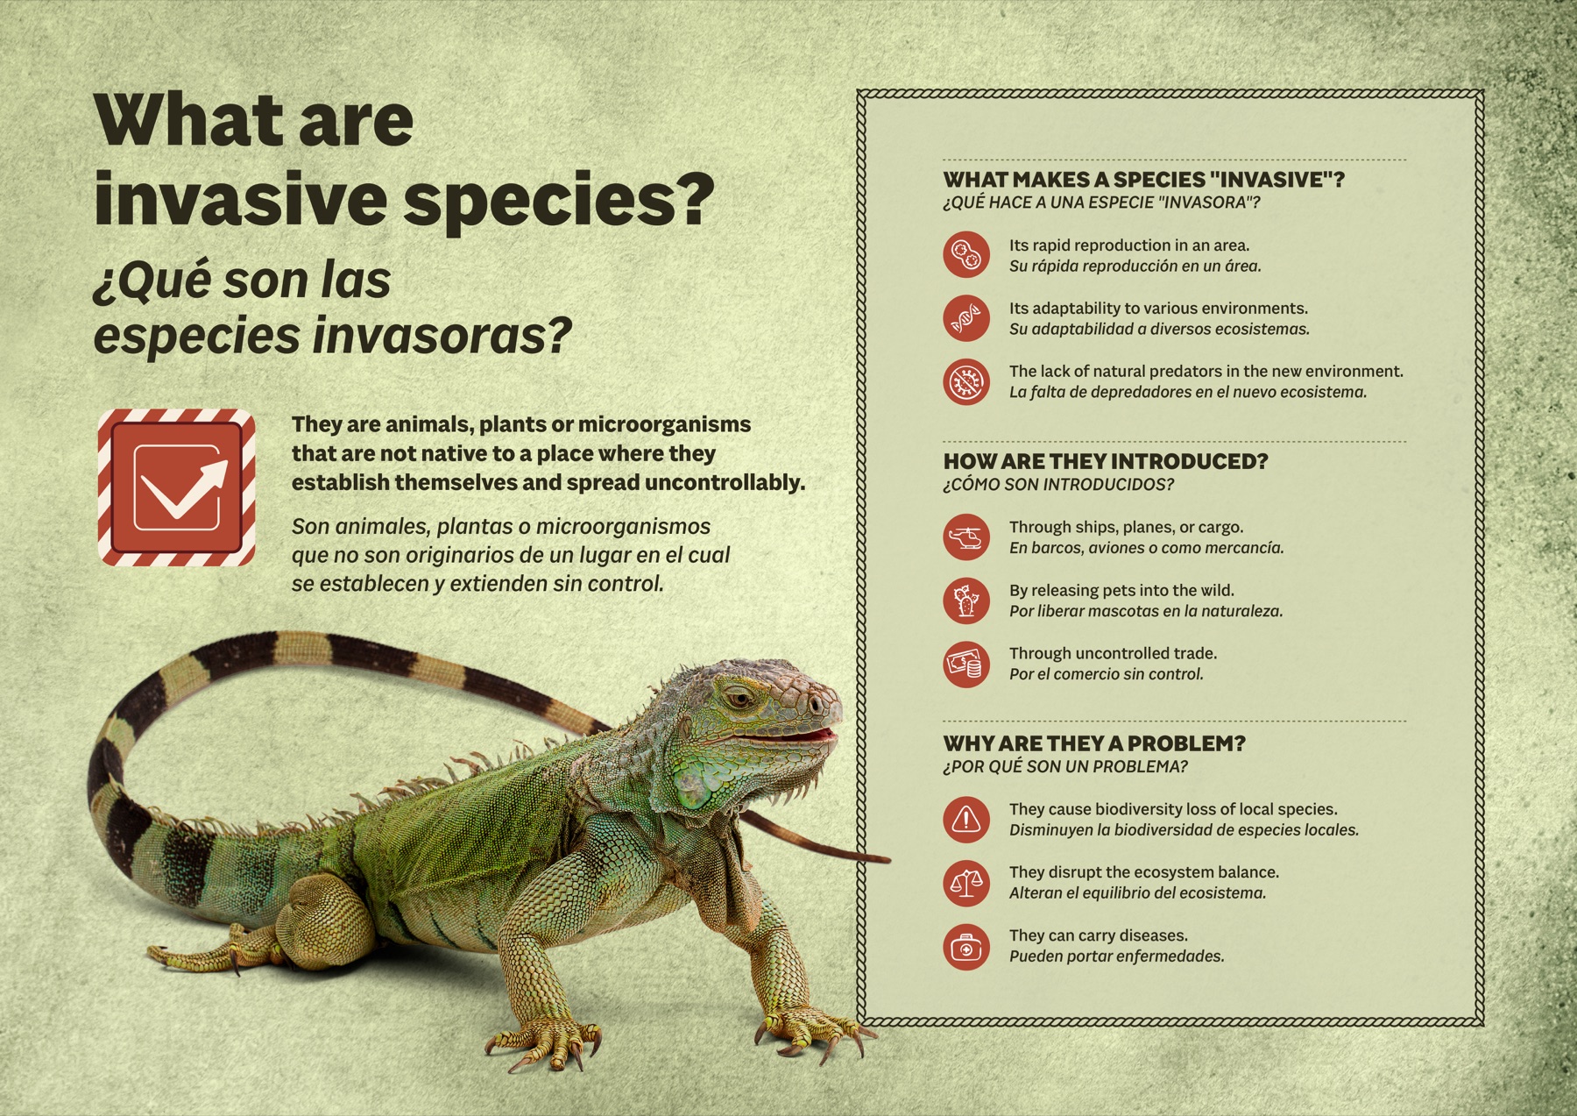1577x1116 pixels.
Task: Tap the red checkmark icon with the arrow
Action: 177,487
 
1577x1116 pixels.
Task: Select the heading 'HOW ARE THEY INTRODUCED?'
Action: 1105,461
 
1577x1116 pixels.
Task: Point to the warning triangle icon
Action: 965,820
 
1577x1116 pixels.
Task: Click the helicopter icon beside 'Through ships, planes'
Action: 965,537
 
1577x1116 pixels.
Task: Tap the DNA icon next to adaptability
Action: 965,318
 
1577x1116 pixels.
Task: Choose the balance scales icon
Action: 965,883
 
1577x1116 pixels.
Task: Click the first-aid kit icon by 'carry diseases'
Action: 965,947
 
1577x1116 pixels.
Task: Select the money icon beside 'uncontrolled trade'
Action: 965,664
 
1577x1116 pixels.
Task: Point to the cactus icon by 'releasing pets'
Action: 965,601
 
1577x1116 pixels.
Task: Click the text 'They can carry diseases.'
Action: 1098,935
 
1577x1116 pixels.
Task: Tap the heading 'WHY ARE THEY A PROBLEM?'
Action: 1093,743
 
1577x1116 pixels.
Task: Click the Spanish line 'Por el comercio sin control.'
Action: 1106,674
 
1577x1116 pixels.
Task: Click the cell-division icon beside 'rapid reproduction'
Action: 965,255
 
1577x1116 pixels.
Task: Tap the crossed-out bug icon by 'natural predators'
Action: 965,381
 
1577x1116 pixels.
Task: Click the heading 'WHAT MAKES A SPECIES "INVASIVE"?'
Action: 1143,180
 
